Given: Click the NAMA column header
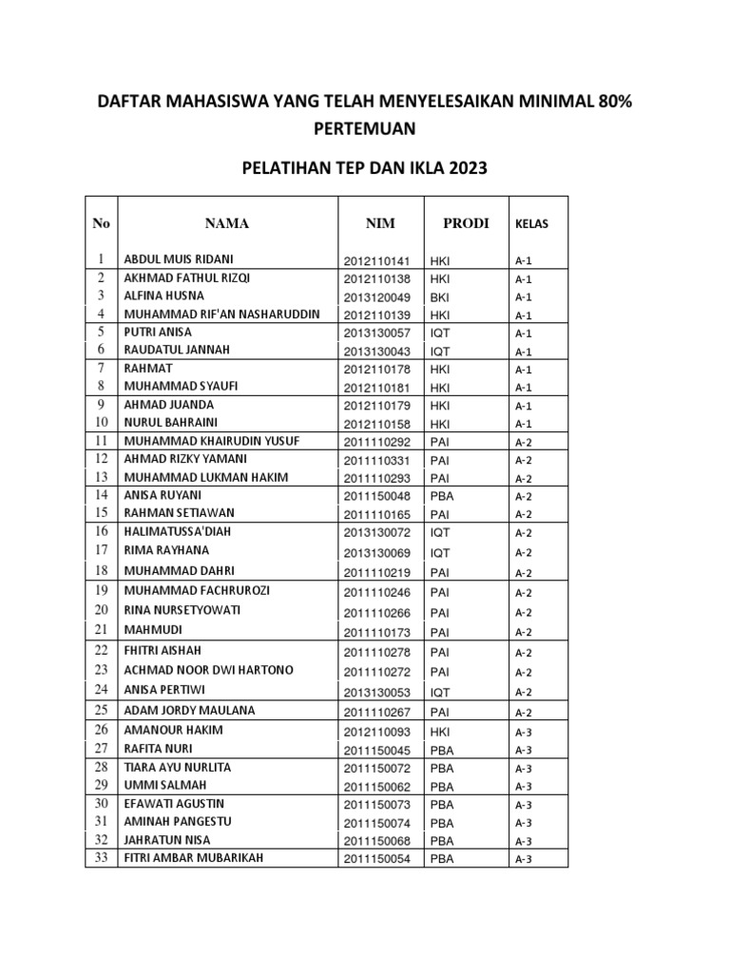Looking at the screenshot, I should click(x=226, y=223).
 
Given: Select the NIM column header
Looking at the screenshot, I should click(x=380, y=223).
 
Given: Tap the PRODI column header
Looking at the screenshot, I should click(x=466, y=223).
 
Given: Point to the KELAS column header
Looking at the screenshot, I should click(x=531, y=224).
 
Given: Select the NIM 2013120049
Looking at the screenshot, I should click(x=375, y=297).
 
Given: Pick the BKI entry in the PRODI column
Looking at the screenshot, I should click(x=440, y=297).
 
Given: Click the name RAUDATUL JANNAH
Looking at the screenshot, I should click(x=177, y=350).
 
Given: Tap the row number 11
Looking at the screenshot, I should click(x=101, y=441).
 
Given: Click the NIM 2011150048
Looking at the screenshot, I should click(x=375, y=496).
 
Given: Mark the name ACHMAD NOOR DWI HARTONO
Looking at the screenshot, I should click(x=209, y=670).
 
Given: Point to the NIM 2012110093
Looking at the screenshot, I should click(x=375, y=732).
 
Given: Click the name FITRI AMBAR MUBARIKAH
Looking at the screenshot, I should click(x=194, y=858).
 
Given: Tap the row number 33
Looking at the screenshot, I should click(x=101, y=858).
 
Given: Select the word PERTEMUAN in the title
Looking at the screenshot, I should click(x=364, y=128).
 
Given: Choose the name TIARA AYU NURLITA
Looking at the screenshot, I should click(x=178, y=767).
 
